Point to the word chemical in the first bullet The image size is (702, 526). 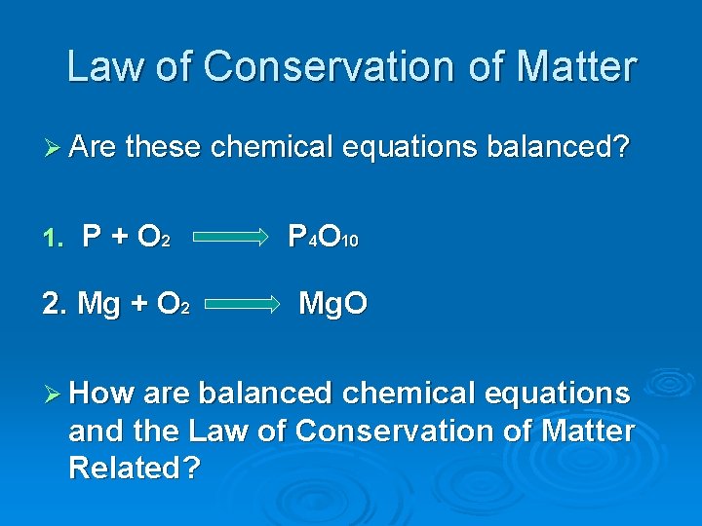pos(273,148)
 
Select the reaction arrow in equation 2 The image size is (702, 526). pos(242,304)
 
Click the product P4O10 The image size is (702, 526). pos(323,237)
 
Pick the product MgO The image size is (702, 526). pos(332,304)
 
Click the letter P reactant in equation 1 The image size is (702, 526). pos(93,237)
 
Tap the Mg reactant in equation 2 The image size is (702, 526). pos(97,304)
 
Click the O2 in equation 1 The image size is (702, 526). pos(154,238)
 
